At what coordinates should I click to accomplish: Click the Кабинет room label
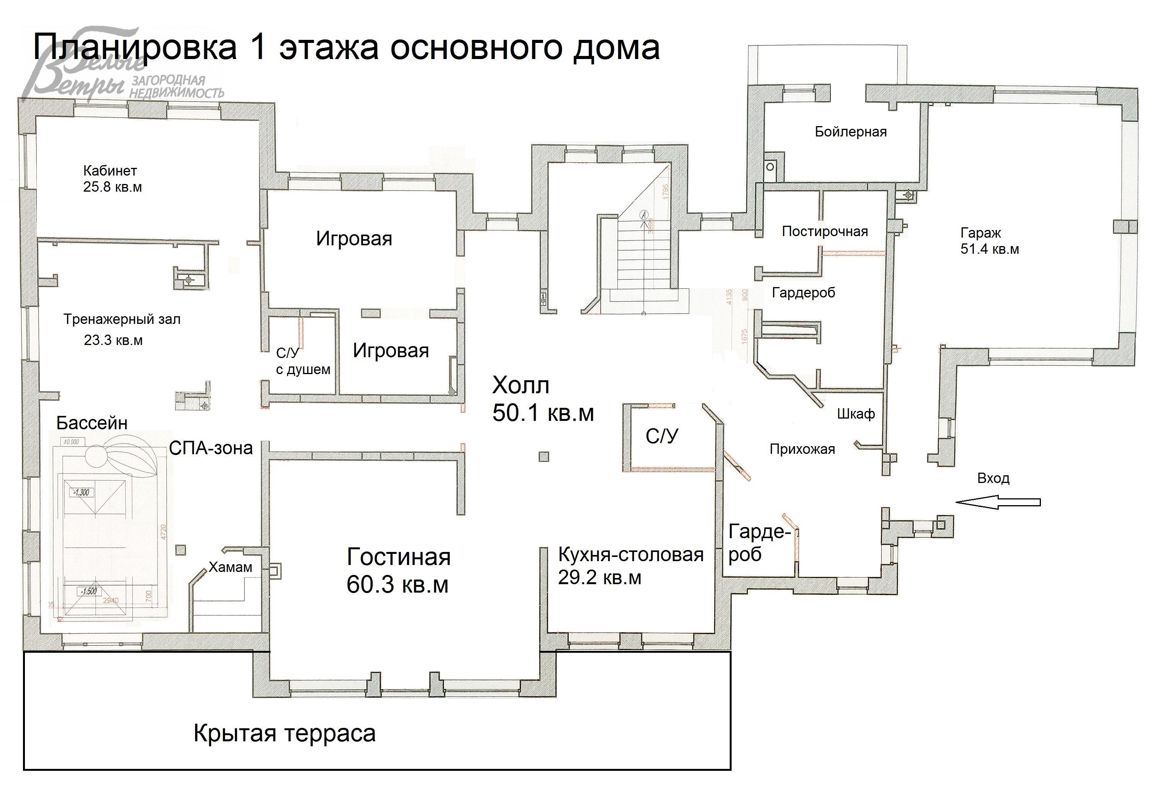click(x=110, y=171)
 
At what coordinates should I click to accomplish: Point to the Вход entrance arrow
click(x=998, y=502)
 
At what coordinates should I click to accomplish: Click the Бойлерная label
click(x=850, y=132)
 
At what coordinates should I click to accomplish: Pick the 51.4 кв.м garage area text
click(x=989, y=249)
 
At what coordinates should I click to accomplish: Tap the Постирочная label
click(x=824, y=232)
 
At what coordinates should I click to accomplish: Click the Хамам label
click(x=230, y=567)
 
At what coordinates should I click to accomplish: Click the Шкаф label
click(x=855, y=414)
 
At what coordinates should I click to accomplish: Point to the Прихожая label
click(x=802, y=449)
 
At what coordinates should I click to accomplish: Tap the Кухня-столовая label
click(x=630, y=555)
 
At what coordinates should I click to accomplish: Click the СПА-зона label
click(x=210, y=448)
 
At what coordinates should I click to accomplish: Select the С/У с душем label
click(x=302, y=361)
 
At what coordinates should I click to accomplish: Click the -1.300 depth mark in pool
click(x=80, y=493)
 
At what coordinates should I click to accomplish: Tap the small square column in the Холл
click(x=543, y=457)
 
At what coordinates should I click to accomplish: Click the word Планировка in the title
click(x=135, y=48)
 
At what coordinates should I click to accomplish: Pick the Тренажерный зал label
click(x=121, y=320)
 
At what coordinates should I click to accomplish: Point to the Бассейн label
click(x=92, y=423)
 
